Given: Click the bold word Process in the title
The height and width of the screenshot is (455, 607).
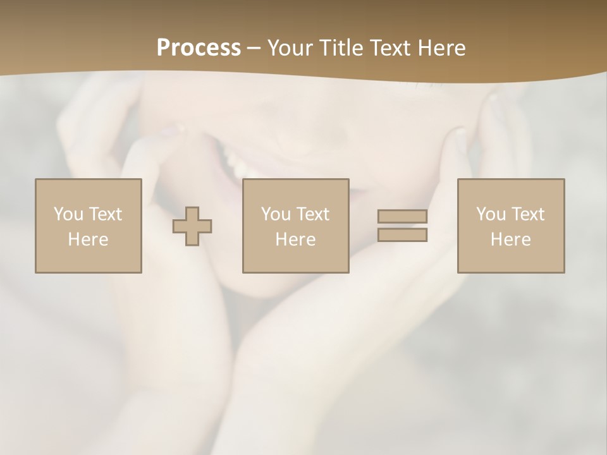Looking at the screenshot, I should [x=199, y=48].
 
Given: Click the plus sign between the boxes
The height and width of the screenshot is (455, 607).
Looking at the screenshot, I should [x=193, y=226].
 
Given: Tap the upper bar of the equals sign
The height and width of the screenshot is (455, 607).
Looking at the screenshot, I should [x=402, y=216].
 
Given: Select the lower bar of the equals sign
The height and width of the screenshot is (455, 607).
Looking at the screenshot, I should [x=402, y=235].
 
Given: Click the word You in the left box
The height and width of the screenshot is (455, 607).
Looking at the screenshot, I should [x=68, y=214].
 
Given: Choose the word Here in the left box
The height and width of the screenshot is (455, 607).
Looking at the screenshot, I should [x=88, y=240].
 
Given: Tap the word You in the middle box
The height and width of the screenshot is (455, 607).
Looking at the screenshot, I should [x=276, y=214].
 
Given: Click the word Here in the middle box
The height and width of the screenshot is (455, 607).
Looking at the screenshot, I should [x=295, y=240].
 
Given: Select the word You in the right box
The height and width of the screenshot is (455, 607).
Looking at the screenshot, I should [x=491, y=214].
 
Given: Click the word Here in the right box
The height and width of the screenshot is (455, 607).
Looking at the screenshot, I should [x=510, y=240].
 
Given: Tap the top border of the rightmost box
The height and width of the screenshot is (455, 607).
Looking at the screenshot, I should [x=511, y=179].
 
